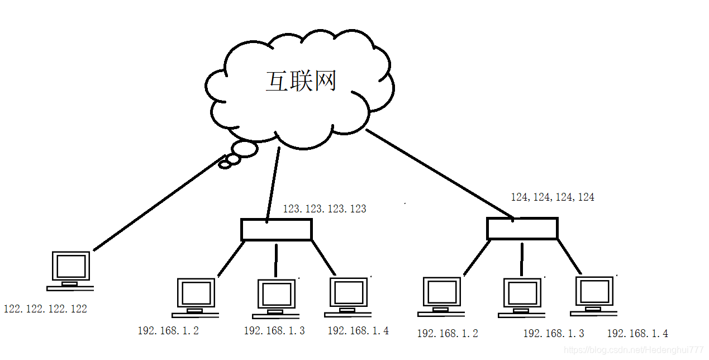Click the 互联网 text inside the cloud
tap(301, 82)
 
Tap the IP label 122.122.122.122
tap(45, 309)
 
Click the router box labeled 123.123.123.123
tap(276, 230)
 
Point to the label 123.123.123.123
tap(324, 209)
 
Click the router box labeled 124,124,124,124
tap(522, 229)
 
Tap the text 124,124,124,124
tap(552, 197)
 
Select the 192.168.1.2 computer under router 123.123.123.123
tap(196, 297)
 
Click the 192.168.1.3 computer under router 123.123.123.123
tap(276, 298)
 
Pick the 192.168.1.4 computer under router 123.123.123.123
tap(349, 296)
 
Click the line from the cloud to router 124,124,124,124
tap(439, 173)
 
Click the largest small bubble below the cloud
tap(244, 149)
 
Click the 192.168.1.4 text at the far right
tap(637, 334)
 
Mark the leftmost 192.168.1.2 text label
tap(168, 330)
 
